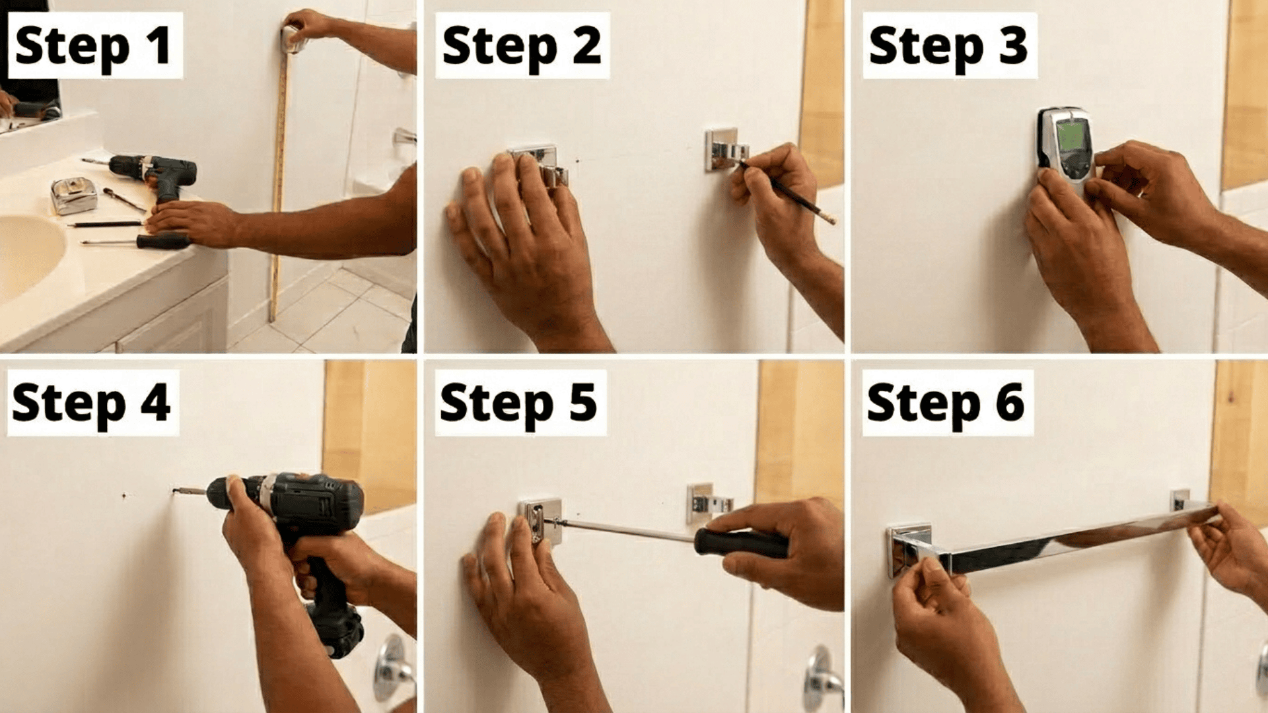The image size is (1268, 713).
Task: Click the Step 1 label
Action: (94, 46)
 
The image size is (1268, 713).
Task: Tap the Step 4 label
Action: (92, 403)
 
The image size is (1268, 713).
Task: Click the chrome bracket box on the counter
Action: (73, 195)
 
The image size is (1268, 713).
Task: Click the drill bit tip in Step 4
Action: (176, 491)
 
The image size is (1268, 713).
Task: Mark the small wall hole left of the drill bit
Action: (124, 495)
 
